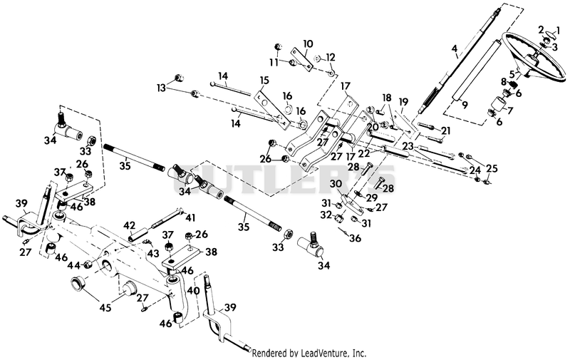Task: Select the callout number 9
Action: click(465, 106)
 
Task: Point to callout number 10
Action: click(308, 44)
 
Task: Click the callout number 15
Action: click(264, 81)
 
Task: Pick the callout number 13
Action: click(161, 88)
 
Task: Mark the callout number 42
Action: click(130, 225)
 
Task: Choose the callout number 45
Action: click(105, 308)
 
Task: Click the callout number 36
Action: click(355, 238)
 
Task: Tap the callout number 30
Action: click(336, 185)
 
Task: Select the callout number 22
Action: click(363, 155)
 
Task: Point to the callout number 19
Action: click(403, 102)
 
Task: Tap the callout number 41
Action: click(190, 218)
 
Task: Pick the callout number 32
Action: click(326, 215)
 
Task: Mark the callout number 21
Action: click(446, 130)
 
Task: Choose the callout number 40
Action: click(194, 292)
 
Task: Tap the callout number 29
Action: click(372, 197)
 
